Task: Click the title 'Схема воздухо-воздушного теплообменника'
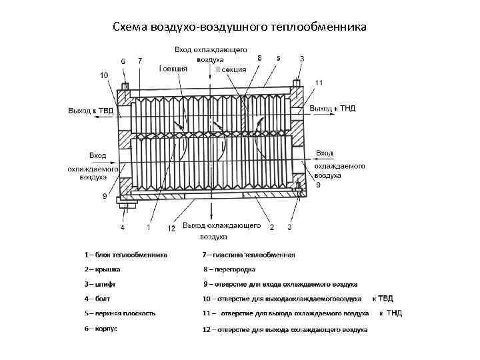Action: [x=239, y=27]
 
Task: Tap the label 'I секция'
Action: [x=173, y=68]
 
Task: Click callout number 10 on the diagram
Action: [x=104, y=75]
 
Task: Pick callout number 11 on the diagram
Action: [x=319, y=83]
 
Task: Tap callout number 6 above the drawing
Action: [x=123, y=61]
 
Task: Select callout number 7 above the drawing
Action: [x=139, y=61]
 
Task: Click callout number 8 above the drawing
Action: [x=259, y=59]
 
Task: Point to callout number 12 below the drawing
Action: [x=171, y=228]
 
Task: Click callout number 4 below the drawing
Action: [x=122, y=227]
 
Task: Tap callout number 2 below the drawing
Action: [x=271, y=227]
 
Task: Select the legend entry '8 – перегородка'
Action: [x=229, y=269]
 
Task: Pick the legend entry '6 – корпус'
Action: [x=101, y=328]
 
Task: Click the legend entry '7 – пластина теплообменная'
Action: [x=248, y=255]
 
